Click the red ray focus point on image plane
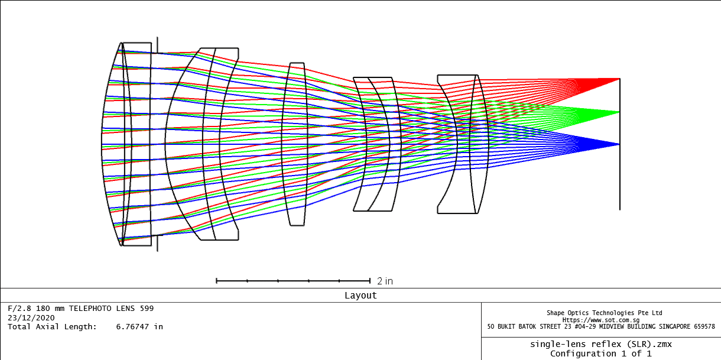pyautogui.click(x=619, y=79)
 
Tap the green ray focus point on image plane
pyautogui.click(x=619, y=112)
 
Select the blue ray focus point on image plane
pyautogui.click(x=619, y=144)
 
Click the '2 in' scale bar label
pyautogui.click(x=385, y=281)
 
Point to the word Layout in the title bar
pyautogui.click(x=360, y=296)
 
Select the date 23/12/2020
pyautogui.click(x=31, y=318)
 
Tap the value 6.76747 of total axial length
pyautogui.click(x=132, y=327)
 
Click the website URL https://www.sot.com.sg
pyautogui.click(x=601, y=320)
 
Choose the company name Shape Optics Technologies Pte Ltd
pyautogui.click(x=604, y=313)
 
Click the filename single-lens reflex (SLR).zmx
pyautogui.click(x=601, y=344)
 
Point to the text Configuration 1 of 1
pyautogui.click(x=601, y=353)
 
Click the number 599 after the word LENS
pyautogui.click(x=147, y=309)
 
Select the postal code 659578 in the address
pyautogui.click(x=704, y=326)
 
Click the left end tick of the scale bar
pyautogui.click(x=217, y=281)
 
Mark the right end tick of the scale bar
pyautogui.click(x=370, y=281)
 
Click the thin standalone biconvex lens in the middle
pyautogui.click(x=294, y=144)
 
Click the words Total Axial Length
pyautogui.click(x=52, y=327)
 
